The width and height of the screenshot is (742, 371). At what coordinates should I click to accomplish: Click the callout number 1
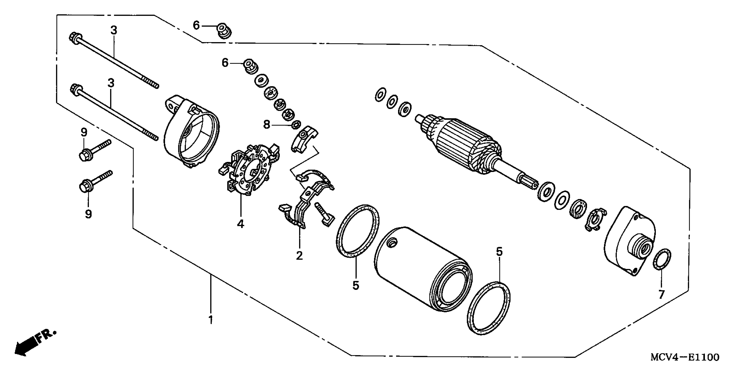click(211, 319)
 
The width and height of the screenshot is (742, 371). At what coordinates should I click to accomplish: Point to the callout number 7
click(661, 294)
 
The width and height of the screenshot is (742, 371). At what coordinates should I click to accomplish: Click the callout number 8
click(267, 125)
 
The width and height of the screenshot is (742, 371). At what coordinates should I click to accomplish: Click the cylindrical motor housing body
click(418, 268)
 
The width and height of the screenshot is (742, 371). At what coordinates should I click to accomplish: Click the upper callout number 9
click(84, 132)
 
